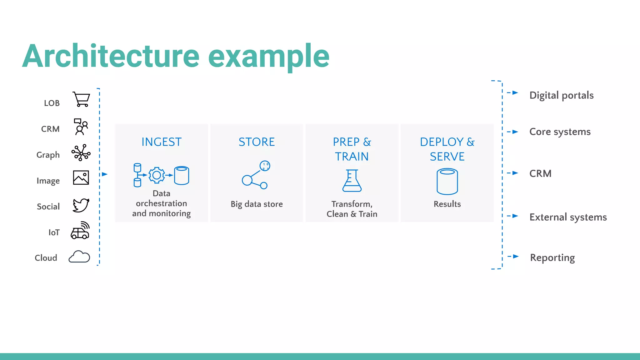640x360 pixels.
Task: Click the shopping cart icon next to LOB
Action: pyautogui.click(x=81, y=99)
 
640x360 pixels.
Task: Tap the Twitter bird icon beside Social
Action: pyautogui.click(x=81, y=205)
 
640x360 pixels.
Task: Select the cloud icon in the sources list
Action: pyautogui.click(x=79, y=257)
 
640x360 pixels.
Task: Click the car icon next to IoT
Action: pyautogui.click(x=80, y=231)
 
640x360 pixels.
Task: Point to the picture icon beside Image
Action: pyautogui.click(x=81, y=177)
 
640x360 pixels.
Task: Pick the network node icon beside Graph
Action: pyautogui.click(x=81, y=153)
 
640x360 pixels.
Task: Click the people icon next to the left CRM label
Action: pyautogui.click(x=81, y=127)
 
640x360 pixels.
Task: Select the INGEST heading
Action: pyautogui.click(x=161, y=142)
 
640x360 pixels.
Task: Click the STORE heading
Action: pyautogui.click(x=257, y=142)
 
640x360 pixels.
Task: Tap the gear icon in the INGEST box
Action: pyautogui.click(x=157, y=175)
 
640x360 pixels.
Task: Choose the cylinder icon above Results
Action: pyautogui.click(x=447, y=181)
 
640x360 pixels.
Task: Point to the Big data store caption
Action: pyautogui.click(x=257, y=204)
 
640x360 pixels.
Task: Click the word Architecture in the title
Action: pyautogui.click(x=111, y=56)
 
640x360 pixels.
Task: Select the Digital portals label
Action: pyautogui.click(x=561, y=95)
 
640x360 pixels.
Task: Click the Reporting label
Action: pyautogui.click(x=552, y=257)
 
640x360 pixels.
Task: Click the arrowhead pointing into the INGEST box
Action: pyautogui.click(x=105, y=174)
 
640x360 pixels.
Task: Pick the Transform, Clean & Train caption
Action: pyautogui.click(x=352, y=209)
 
